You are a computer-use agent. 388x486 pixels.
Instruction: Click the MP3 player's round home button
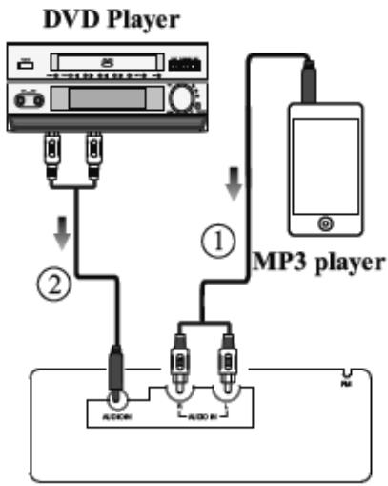[x=326, y=222]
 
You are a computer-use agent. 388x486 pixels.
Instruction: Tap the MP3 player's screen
[x=326, y=164]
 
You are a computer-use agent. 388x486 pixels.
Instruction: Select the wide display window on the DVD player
[x=106, y=99]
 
